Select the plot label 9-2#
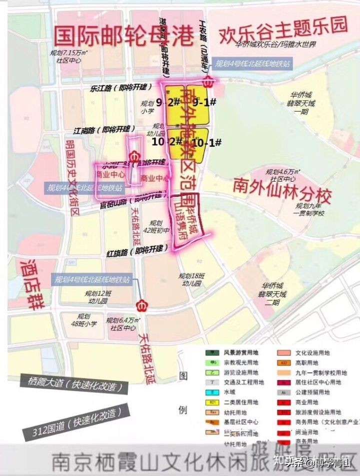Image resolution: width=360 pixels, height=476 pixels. point(167,103)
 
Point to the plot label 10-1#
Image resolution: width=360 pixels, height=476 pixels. point(206,143)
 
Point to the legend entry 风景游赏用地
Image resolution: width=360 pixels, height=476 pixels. point(241,353)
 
